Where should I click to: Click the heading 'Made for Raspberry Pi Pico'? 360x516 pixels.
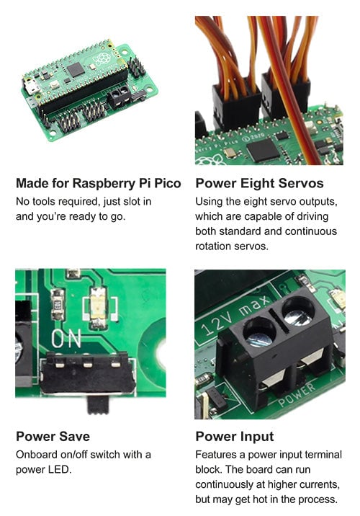click(x=98, y=182)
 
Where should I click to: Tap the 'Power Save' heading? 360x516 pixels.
click(x=53, y=436)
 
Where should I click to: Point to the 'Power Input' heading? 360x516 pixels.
click(x=235, y=436)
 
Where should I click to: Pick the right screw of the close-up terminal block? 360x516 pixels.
click(x=296, y=311)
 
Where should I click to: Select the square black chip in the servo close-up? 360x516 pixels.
click(x=263, y=149)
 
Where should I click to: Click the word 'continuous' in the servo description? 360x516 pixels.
click(x=312, y=231)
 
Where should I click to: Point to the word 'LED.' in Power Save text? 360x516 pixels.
click(x=60, y=469)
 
